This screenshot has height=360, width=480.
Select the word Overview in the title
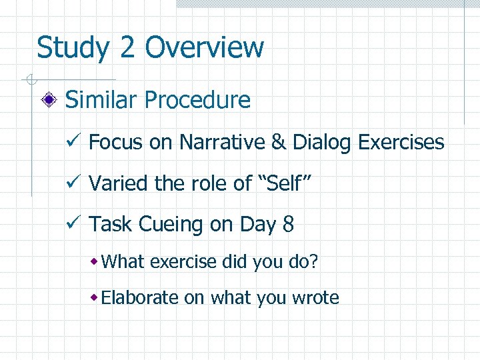204,48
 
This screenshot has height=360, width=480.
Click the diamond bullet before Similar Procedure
49,101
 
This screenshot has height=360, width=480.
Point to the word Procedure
197,101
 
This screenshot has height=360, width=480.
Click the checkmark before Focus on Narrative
75,141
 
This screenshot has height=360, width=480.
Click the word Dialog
317,142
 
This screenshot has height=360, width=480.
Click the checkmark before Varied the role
75,182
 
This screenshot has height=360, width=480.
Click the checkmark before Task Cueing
75,223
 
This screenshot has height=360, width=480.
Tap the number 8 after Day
288,225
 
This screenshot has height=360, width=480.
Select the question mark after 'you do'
313,262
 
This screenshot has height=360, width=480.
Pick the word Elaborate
140,297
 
